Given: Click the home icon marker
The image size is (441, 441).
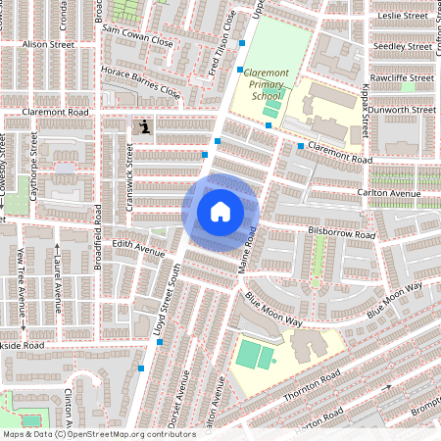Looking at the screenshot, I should [x=220, y=212].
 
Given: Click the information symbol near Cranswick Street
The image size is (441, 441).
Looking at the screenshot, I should [x=146, y=126].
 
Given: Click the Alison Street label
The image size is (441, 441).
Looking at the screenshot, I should [x=48, y=44].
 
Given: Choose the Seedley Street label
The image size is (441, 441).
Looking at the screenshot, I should [x=403, y=46].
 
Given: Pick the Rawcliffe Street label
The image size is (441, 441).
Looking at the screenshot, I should [x=402, y=77].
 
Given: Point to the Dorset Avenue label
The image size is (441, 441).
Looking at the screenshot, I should [x=181, y=412].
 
